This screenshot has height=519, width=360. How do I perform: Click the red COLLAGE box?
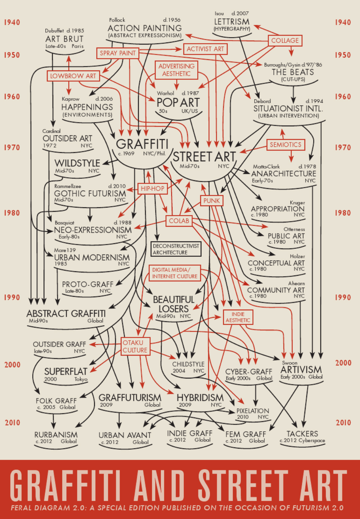click(x=285, y=40)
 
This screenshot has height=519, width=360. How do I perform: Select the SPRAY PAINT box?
click(x=118, y=53)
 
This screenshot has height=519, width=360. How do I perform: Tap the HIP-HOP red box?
click(x=152, y=188)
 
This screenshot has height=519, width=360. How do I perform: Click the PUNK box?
click(x=211, y=201)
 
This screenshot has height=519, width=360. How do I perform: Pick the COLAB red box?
click(x=179, y=221)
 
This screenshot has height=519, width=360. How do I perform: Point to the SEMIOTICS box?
click(x=285, y=145)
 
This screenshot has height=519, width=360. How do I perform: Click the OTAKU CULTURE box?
click(x=135, y=347)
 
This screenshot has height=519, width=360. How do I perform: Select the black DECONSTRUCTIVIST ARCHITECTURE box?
click(x=176, y=249)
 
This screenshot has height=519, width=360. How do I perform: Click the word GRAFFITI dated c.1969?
click(x=142, y=144)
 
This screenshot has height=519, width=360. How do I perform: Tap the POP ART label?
click(x=178, y=102)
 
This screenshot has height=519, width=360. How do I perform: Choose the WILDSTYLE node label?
click(x=77, y=163)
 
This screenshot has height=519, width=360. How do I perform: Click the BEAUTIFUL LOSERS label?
click(x=174, y=304)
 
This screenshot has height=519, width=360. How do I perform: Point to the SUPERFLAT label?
click(x=66, y=371)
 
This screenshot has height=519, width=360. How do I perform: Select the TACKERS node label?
click(x=302, y=434)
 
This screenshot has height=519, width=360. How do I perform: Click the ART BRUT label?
click(x=64, y=39)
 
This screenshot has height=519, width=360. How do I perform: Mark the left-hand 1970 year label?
click(x=12, y=147)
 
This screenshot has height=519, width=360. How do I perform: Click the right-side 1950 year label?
click(x=343, y=55)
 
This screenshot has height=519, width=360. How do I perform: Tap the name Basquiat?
click(x=64, y=223)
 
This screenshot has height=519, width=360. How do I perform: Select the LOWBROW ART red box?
click(x=73, y=76)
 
